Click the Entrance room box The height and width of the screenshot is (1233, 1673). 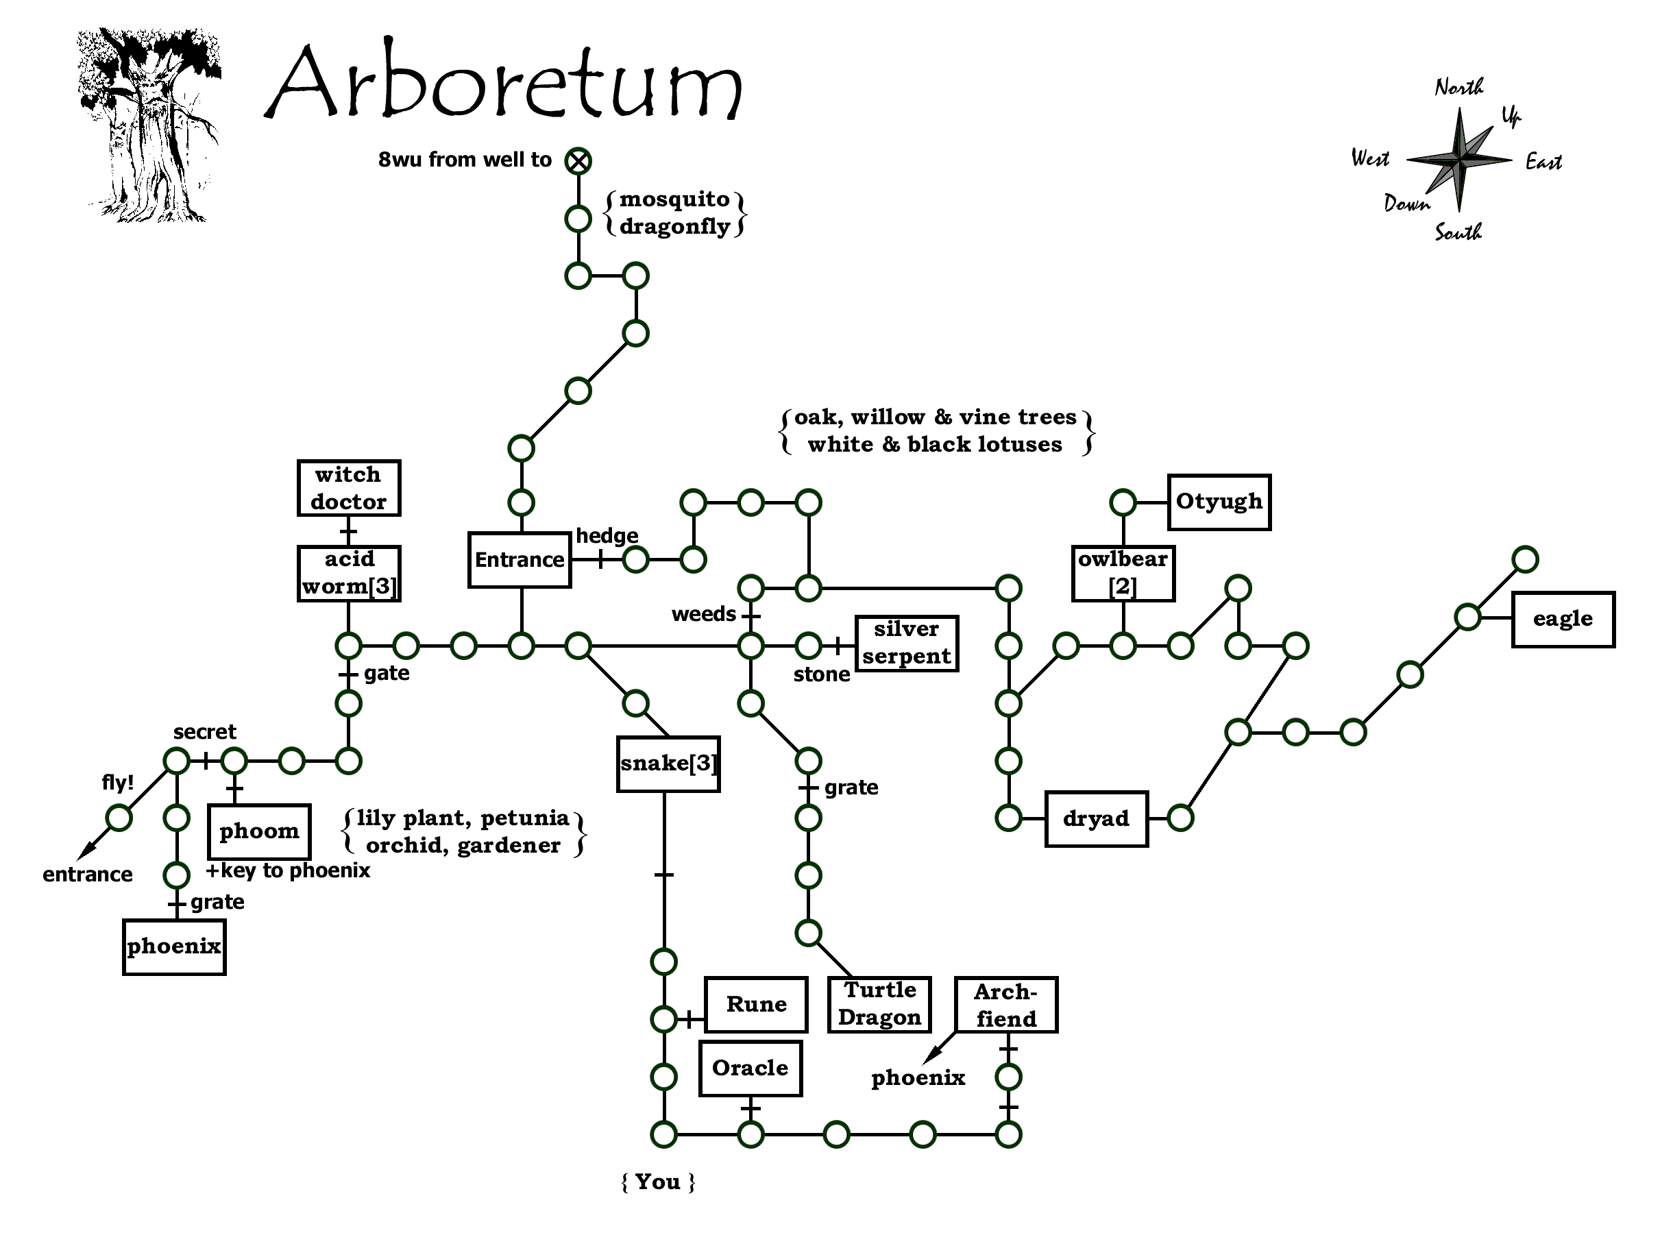pyautogui.click(x=520, y=560)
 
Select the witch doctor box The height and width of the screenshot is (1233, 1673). pyautogui.click(x=348, y=488)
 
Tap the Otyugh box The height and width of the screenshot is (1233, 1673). pyautogui.click(x=1219, y=502)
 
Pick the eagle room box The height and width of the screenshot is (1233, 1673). pyautogui.click(x=1563, y=620)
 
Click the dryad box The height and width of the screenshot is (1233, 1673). pyautogui.click(x=1095, y=819)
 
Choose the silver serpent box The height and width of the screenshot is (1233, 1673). pyautogui.click(x=906, y=644)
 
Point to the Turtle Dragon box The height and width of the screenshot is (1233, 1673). pyautogui.click(x=879, y=1005)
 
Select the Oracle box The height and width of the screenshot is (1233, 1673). pyautogui.click(x=750, y=1068)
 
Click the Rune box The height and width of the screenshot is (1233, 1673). pyautogui.click(x=756, y=1005)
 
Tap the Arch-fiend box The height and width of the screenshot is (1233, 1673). pyautogui.click(x=1006, y=1005)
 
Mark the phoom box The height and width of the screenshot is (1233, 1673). pyautogui.click(x=259, y=831)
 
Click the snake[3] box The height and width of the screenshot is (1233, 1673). pyautogui.click(x=668, y=764)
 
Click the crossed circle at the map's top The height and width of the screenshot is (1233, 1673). pyautogui.click(x=578, y=160)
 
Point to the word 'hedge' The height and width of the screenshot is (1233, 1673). pyautogui.click(x=607, y=536)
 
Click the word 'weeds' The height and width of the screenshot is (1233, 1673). pyautogui.click(x=703, y=614)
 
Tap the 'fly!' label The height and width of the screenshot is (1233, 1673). pyautogui.click(x=118, y=782)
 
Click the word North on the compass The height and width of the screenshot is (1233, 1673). pyautogui.click(x=1459, y=87)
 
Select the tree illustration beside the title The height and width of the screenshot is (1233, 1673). pyautogui.click(x=149, y=125)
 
